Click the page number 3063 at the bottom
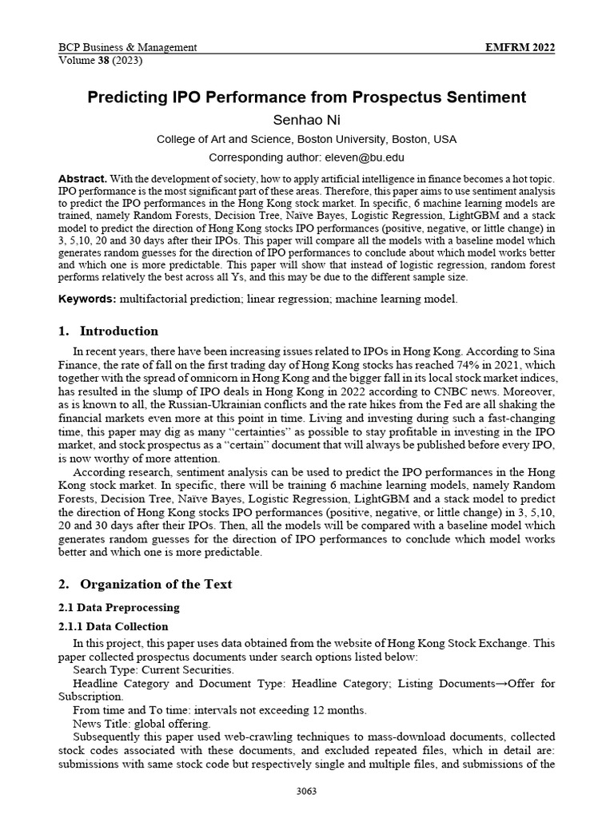pos(307,792)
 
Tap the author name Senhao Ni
pos(307,119)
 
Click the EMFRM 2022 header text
pos(520,48)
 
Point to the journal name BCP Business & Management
pos(128,48)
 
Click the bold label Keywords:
pos(87,298)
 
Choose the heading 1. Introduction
pos(108,331)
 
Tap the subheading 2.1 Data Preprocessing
pos(120,608)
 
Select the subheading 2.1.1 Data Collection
pos(114,626)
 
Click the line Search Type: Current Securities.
pos(153,669)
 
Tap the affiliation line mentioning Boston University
pos(307,139)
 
